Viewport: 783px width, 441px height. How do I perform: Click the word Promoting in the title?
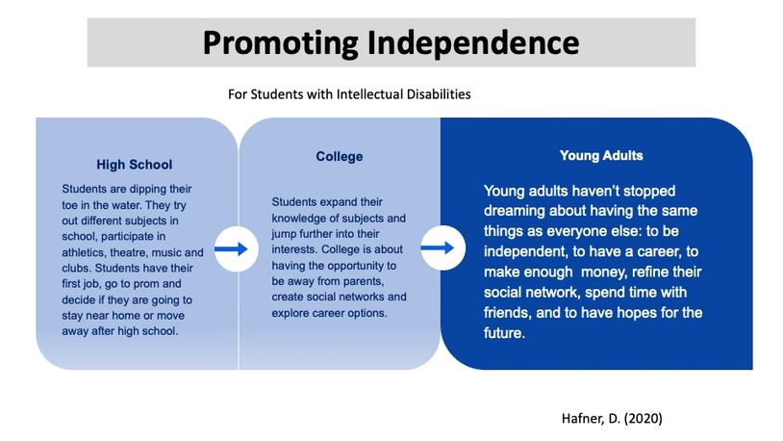(281, 43)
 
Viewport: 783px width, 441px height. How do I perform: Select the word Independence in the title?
(473, 42)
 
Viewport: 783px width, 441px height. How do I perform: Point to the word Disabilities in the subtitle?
(439, 94)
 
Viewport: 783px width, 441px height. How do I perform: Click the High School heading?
(135, 165)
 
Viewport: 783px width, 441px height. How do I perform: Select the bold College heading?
(339, 157)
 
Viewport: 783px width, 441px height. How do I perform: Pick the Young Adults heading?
(601, 155)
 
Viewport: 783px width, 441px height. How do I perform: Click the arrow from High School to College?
(231, 248)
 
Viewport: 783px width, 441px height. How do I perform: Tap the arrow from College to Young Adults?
(438, 247)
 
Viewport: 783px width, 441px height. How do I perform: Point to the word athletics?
(83, 252)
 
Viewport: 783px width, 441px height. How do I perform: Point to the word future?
(504, 333)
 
